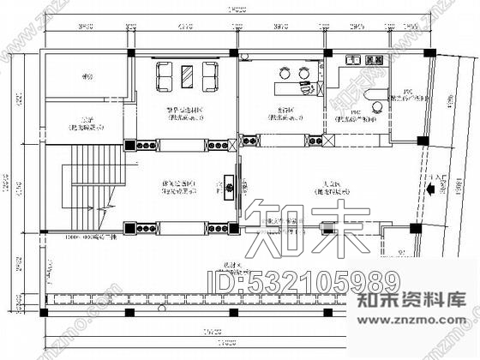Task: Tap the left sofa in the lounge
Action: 165,77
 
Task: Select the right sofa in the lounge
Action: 208,77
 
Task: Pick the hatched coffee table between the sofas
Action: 187,77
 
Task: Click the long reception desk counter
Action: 291,88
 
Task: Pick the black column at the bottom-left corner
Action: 39,312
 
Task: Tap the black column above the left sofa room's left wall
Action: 130,53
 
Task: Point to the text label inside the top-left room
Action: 84,76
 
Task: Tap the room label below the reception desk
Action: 286,115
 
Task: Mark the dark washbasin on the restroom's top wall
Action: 374,60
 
